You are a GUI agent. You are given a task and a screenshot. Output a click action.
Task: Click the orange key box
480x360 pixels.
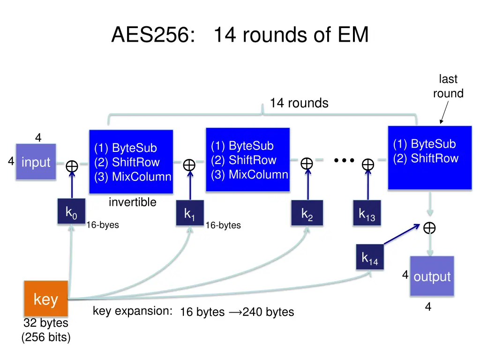(x=46, y=299)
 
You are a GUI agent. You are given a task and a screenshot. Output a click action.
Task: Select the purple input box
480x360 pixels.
(x=36, y=162)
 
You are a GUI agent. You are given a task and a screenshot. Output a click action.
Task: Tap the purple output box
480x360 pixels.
(x=432, y=276)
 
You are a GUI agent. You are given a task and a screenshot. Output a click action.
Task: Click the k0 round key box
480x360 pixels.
(x=71, y=212)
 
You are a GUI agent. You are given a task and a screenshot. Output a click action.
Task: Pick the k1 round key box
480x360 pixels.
(x=190, y=214)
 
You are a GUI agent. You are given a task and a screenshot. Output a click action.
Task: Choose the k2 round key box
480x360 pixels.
(x=307, y=214)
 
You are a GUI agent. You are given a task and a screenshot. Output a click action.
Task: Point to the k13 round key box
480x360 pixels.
(x=367, y=214)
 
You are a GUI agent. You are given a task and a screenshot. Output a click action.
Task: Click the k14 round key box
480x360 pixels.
(x=369, y=257)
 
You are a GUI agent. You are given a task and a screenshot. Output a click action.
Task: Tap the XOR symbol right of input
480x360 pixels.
(x=72, y=166)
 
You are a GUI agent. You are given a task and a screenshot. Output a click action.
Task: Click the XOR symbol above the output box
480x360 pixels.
(x=429, y=228)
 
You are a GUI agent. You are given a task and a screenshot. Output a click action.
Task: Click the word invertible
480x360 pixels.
(x=133, y=202)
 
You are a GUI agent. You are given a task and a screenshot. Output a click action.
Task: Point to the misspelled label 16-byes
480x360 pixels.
(x=103, y=225)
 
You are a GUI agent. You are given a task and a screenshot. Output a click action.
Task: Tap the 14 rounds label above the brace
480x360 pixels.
(x=299, y=103)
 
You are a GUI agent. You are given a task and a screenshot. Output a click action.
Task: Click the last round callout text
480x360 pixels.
(x=448, y=86)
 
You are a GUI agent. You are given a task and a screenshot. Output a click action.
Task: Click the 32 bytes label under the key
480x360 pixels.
(x=46, y=323)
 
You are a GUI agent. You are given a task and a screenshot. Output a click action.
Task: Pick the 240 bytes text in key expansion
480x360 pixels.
(x=268, y=312)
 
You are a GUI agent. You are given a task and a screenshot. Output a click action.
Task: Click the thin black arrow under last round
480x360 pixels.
(x=444, y=112)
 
